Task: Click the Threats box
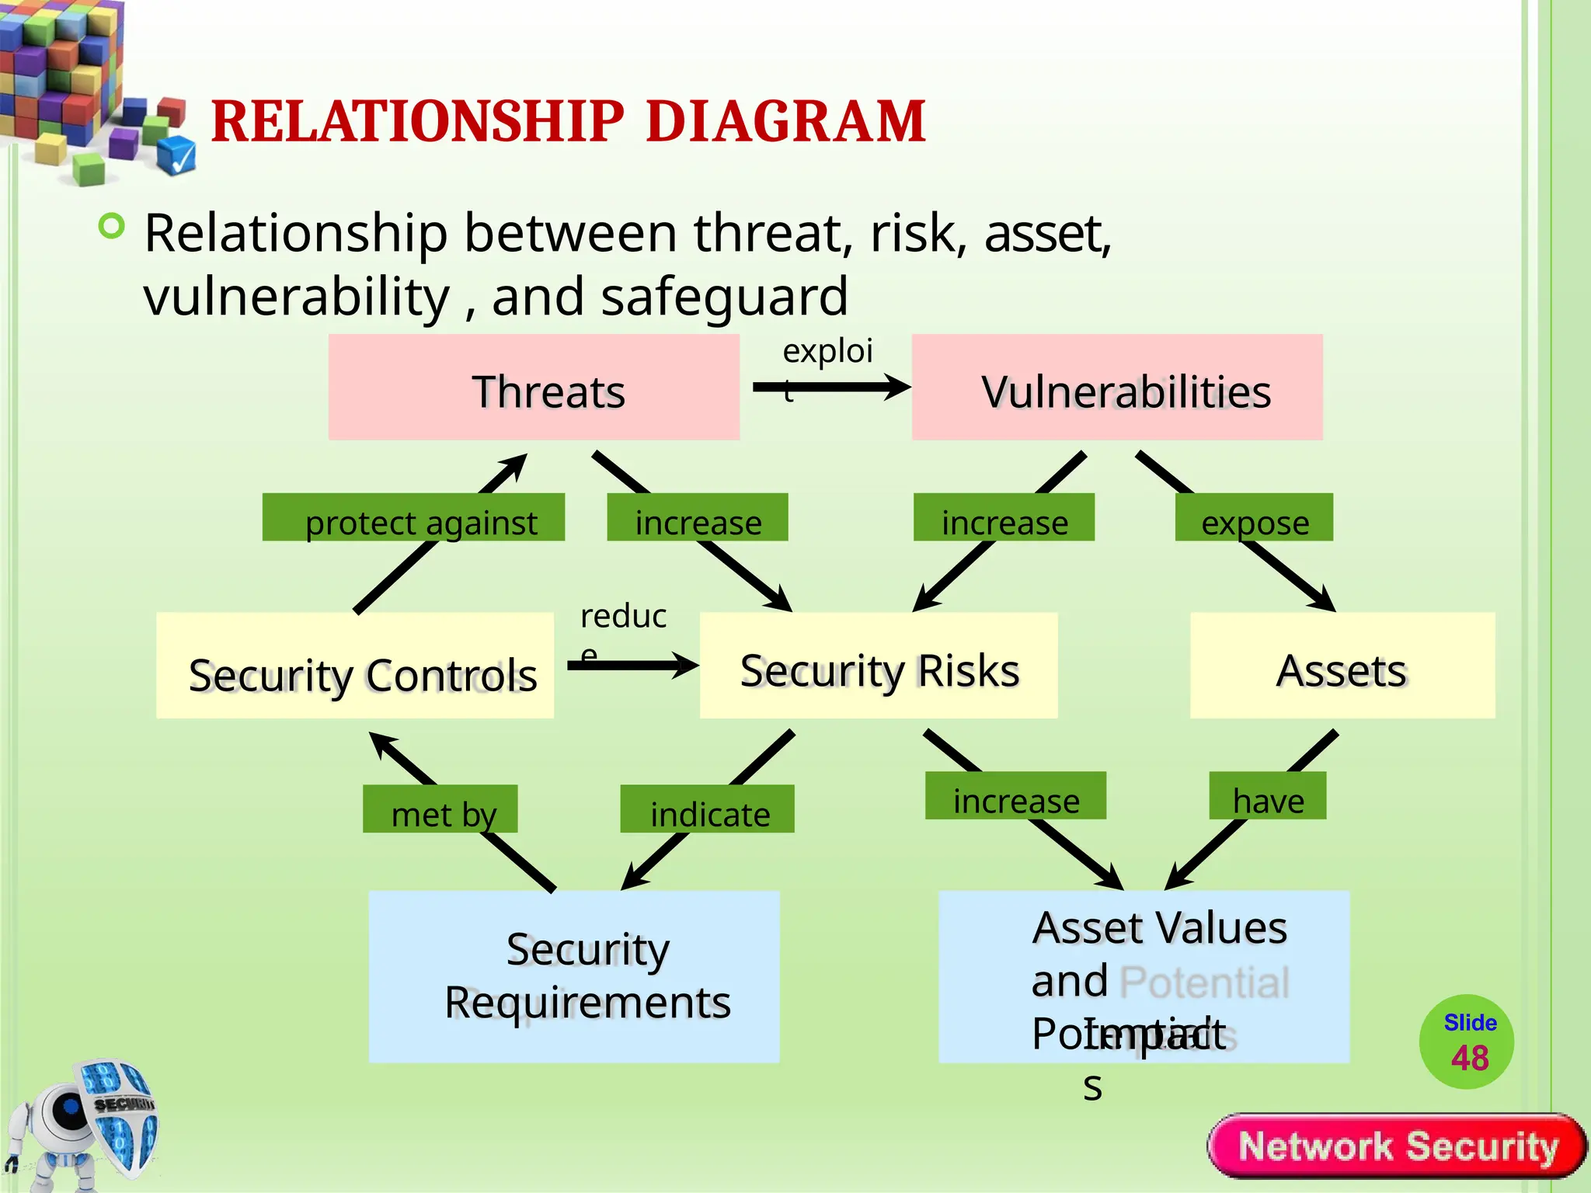[534, 388]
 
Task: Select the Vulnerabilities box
[1117, 388]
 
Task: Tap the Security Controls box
[355, 666]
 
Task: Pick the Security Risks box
[879, 666]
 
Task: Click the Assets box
[1342, 666]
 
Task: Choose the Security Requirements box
[573, 976]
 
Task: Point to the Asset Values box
[1144, 976]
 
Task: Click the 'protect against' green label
[413, 517]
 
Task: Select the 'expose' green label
[1254, 517]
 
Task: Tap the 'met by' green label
[440, 809]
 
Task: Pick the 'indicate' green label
[707, 809]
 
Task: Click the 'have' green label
[1267, 795]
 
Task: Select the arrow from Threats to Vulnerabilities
[831, 387]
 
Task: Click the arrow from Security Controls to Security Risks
[633, 665]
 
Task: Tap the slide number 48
[1469, 1058]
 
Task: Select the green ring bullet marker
[112, 227]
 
